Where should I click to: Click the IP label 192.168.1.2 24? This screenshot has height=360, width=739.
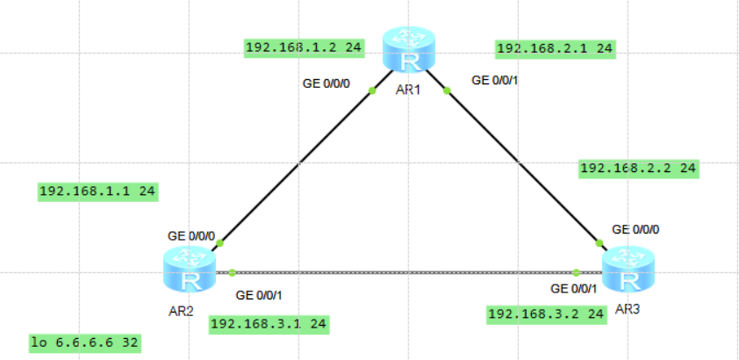[305, 48]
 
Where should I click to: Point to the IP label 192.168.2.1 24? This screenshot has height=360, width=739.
[554, 48]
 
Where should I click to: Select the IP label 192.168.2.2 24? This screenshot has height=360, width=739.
[639, 167]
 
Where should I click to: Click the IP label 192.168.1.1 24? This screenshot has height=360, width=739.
[98, 191]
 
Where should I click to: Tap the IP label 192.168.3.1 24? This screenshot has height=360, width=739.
[269, 324]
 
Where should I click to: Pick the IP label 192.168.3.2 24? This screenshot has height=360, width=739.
[546, 313]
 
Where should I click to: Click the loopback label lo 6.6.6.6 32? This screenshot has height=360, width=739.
[84, 342]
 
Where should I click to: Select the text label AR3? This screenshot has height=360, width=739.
[628, 309]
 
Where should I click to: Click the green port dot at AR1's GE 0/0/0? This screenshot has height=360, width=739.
[372, 90]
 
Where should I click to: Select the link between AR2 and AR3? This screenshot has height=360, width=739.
[404, 272]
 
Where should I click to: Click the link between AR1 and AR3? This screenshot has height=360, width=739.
[522, 166]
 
